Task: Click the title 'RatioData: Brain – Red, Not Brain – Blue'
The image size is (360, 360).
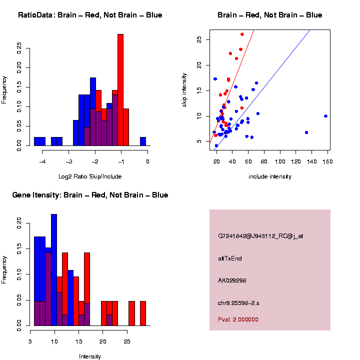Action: pos(90,15)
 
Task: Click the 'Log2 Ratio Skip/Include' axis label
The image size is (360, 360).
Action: pos(90,176)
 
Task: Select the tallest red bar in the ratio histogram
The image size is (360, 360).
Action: pos(120,90)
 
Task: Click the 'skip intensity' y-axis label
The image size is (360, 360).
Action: pos(184,89)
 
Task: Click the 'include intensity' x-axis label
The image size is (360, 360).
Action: pos(270,176)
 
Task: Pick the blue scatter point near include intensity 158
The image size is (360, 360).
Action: pos(325,116)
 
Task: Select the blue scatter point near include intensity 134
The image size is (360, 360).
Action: pos(306,132)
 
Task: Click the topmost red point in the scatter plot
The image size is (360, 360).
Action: pos(242,34)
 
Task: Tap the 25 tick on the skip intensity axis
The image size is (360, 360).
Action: pos(198,39)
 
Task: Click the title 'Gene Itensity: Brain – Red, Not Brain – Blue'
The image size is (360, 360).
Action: pos(90,195)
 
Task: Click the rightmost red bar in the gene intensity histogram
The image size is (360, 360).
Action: pos(143,313)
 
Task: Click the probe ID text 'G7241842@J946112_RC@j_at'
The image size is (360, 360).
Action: pos(260,236)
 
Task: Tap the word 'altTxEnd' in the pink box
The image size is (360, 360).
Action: pos(230,258)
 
